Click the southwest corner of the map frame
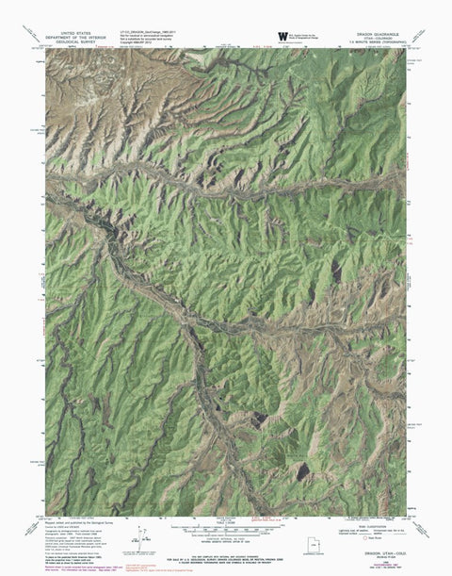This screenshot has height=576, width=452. (45, 516)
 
